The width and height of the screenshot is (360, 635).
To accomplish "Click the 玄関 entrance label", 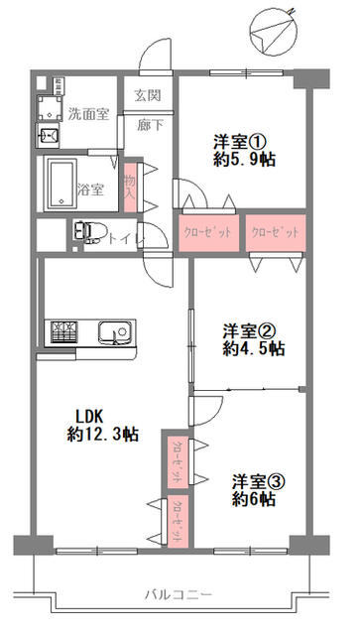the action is (148, 95).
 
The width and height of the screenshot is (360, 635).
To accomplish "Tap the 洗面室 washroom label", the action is (88, 115).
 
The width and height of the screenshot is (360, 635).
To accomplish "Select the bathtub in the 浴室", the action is (61, 184).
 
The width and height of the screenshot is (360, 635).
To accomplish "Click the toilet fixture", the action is (89, 232).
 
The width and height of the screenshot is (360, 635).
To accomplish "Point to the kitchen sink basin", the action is (114, 333).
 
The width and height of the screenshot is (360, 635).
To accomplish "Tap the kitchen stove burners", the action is (63, 332).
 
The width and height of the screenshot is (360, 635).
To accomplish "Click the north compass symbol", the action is (274, 32).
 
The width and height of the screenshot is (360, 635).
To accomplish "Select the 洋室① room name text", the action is (240, 143).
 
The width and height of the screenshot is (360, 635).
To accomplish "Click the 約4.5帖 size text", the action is (253, 348).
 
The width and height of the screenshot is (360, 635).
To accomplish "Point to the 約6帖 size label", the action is (254, 498).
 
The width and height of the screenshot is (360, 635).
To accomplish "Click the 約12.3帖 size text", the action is (102, 435).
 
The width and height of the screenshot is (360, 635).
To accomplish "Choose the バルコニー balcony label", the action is (179, 595).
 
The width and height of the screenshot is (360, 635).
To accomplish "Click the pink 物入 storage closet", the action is (130, 188).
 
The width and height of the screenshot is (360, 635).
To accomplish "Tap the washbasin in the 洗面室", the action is (49, 136).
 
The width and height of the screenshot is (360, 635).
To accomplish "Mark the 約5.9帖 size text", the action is (245, 161).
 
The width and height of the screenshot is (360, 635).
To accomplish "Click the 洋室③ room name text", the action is (259, 482).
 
